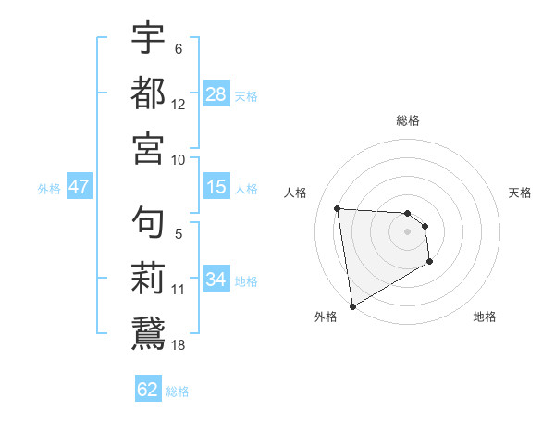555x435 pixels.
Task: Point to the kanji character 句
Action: [148, 222]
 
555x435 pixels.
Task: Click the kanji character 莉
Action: [148, 277]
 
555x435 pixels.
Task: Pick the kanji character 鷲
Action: [148, 331]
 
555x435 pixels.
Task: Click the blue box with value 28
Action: [216, 94]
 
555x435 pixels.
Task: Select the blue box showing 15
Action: [216, 187]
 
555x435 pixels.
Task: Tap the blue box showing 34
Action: [216, 280]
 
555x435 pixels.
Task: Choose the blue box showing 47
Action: [79, 187]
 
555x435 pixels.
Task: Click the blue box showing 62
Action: [148, 390]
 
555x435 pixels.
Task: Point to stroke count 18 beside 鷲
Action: [179, 344]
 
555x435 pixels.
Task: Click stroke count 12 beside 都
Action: [179, 105]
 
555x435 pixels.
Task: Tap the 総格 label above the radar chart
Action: [408, 120]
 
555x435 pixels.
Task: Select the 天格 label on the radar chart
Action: [520, 193]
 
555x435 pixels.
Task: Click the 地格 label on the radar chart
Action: [485, 317]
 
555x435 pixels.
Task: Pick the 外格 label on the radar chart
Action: [325, 317]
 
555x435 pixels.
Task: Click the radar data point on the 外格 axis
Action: [352, 306]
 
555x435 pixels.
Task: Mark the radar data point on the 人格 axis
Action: [338, 208]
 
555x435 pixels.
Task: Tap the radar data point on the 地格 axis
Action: [430, 262]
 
